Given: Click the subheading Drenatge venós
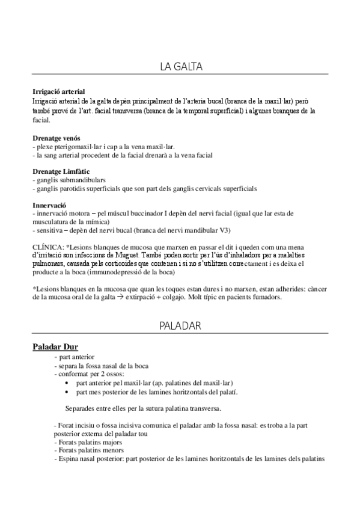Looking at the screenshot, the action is click(56, 138).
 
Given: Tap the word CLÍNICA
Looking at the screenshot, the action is click(47, 247).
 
